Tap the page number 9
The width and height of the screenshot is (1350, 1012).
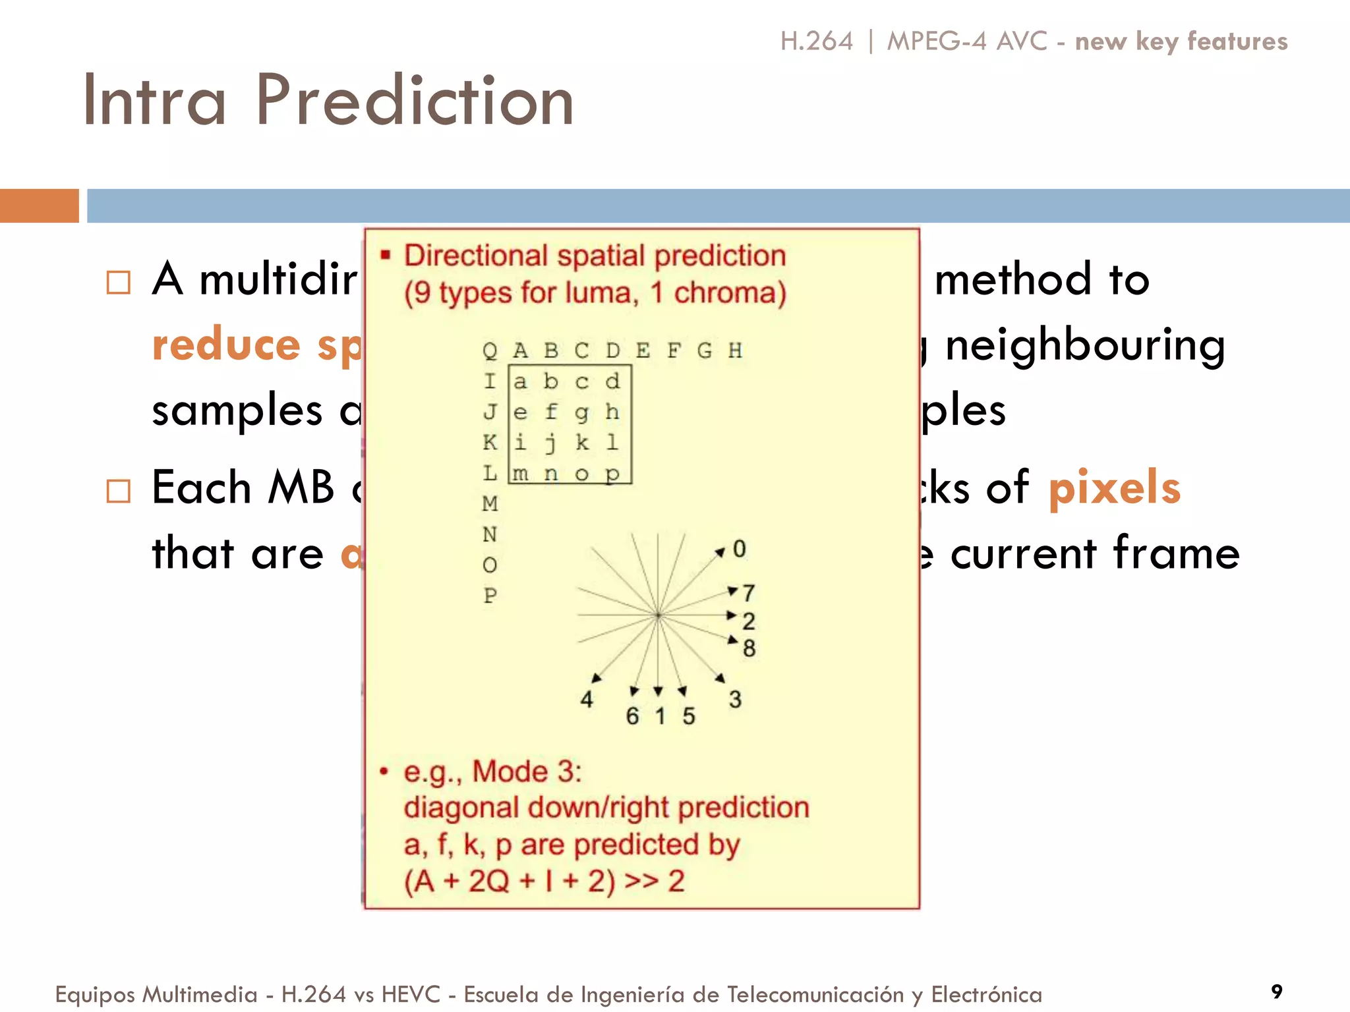(x=1277, y=992)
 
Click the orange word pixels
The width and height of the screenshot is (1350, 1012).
(x=1114, y=488)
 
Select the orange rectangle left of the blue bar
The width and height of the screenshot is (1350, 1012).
(x=39, y=206)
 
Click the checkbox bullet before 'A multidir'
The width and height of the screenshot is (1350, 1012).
(x=119, y=283)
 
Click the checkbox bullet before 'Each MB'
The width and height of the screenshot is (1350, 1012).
(x=119, y=491)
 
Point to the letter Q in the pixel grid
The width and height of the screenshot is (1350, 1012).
(x=490, y=351)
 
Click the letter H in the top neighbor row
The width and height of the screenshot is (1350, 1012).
(x=735, y=351)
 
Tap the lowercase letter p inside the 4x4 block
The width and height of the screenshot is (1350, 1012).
(x=612, y=474)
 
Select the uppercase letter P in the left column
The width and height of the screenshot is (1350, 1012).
(x=490, y=595)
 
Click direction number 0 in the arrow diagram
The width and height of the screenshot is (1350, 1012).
(x=739, y=549)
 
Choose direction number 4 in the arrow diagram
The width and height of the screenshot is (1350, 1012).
(x=586, y=699)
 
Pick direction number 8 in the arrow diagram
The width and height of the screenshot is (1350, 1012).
(x=749, y=648)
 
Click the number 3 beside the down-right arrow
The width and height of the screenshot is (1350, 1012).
(x=735, y=699)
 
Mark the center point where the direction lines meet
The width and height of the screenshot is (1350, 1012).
(x=658, y=615)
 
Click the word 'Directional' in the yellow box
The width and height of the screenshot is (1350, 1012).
(x=475, y=256)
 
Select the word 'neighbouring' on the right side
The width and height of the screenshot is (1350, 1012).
(x=1085, y=345)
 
